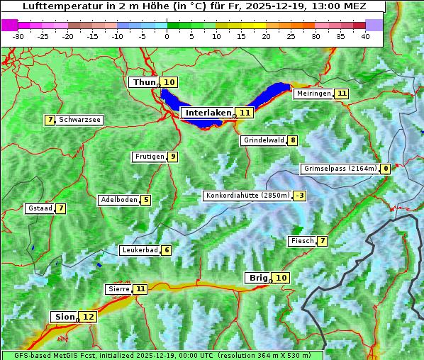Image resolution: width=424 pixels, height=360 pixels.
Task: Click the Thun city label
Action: (x=144, y=83)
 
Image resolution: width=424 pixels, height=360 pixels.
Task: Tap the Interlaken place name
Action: (x=208, y=113)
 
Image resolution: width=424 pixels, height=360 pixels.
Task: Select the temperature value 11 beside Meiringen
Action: (x=342, y=94)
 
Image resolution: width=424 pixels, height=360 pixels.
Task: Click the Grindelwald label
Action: (x=264, y=140)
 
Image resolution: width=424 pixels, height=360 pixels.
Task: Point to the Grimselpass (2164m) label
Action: (x=339, y=169)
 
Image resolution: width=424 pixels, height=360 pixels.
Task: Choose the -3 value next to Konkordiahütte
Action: (x=300, y=196)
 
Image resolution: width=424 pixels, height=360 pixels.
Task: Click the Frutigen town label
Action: (x=149, y=157)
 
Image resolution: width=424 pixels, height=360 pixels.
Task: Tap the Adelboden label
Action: (x=119, y=200)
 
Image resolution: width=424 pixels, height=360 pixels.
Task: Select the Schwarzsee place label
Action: (x=79, y=120)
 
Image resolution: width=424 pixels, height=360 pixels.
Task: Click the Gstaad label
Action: (x=40, y=208)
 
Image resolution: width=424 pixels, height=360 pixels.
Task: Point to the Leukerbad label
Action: (x=139, y=250)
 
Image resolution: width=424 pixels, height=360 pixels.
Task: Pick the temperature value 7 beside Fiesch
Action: (x=323, y=241)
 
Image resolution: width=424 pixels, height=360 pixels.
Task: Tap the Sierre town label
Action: (x=118, y=289)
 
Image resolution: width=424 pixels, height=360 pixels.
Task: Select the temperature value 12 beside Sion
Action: (x=88, y=317)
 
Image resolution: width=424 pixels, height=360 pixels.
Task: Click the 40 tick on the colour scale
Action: (x=364, y=35)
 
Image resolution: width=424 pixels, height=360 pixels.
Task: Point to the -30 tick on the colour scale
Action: (x=18, y=35)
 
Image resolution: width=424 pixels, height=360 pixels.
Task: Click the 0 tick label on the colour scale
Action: (x=167, y=35)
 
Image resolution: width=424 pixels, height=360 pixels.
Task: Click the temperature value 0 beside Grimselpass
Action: (x=385, y=169)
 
